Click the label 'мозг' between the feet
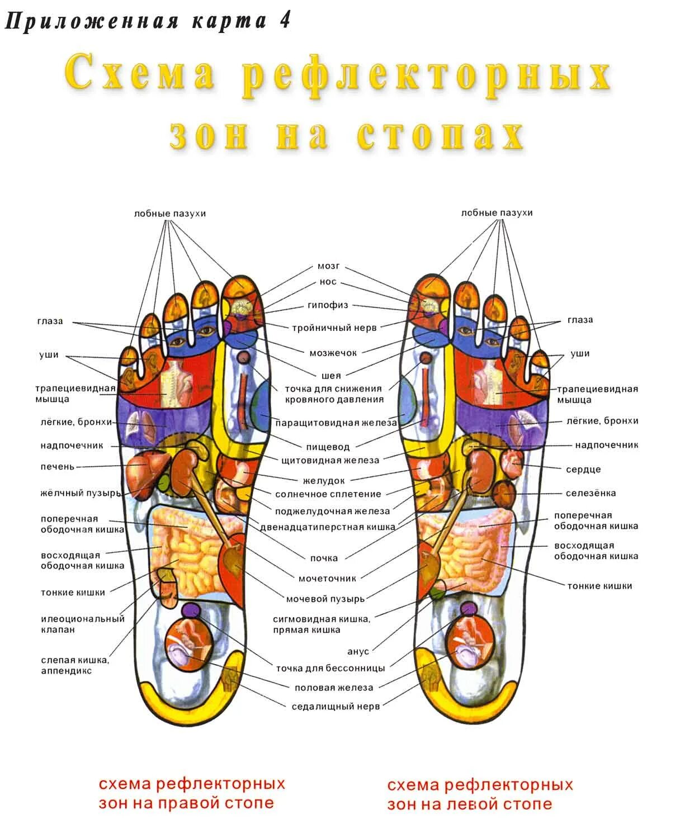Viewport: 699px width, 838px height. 328,266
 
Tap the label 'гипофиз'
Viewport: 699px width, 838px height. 328,305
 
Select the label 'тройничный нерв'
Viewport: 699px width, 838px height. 334,328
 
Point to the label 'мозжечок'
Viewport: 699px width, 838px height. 333,353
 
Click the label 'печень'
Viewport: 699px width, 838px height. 57,467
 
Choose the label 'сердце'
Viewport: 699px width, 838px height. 583,470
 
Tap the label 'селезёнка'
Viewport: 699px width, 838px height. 591,493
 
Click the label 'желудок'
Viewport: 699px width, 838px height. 324,481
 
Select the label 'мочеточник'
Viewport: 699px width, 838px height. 327,579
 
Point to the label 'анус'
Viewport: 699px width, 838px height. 358,652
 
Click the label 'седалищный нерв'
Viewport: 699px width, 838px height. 336,707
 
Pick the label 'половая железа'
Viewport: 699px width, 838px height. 333,688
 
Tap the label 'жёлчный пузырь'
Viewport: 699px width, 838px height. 81,493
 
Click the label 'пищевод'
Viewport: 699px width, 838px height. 328,447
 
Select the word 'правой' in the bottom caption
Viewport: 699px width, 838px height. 186,803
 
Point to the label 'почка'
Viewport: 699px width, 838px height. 324,558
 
